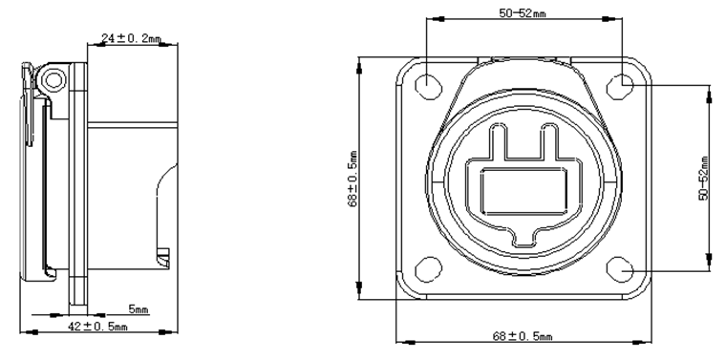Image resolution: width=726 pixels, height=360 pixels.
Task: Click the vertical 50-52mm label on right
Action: click(704, 179)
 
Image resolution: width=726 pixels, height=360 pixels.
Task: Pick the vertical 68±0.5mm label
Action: click(352, 179)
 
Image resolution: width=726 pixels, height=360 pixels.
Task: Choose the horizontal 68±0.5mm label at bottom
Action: click(522, 336)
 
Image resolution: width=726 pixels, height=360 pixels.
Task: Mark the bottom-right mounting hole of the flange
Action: click(626, 269)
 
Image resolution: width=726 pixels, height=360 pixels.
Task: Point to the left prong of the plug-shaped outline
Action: click(499, 142)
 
